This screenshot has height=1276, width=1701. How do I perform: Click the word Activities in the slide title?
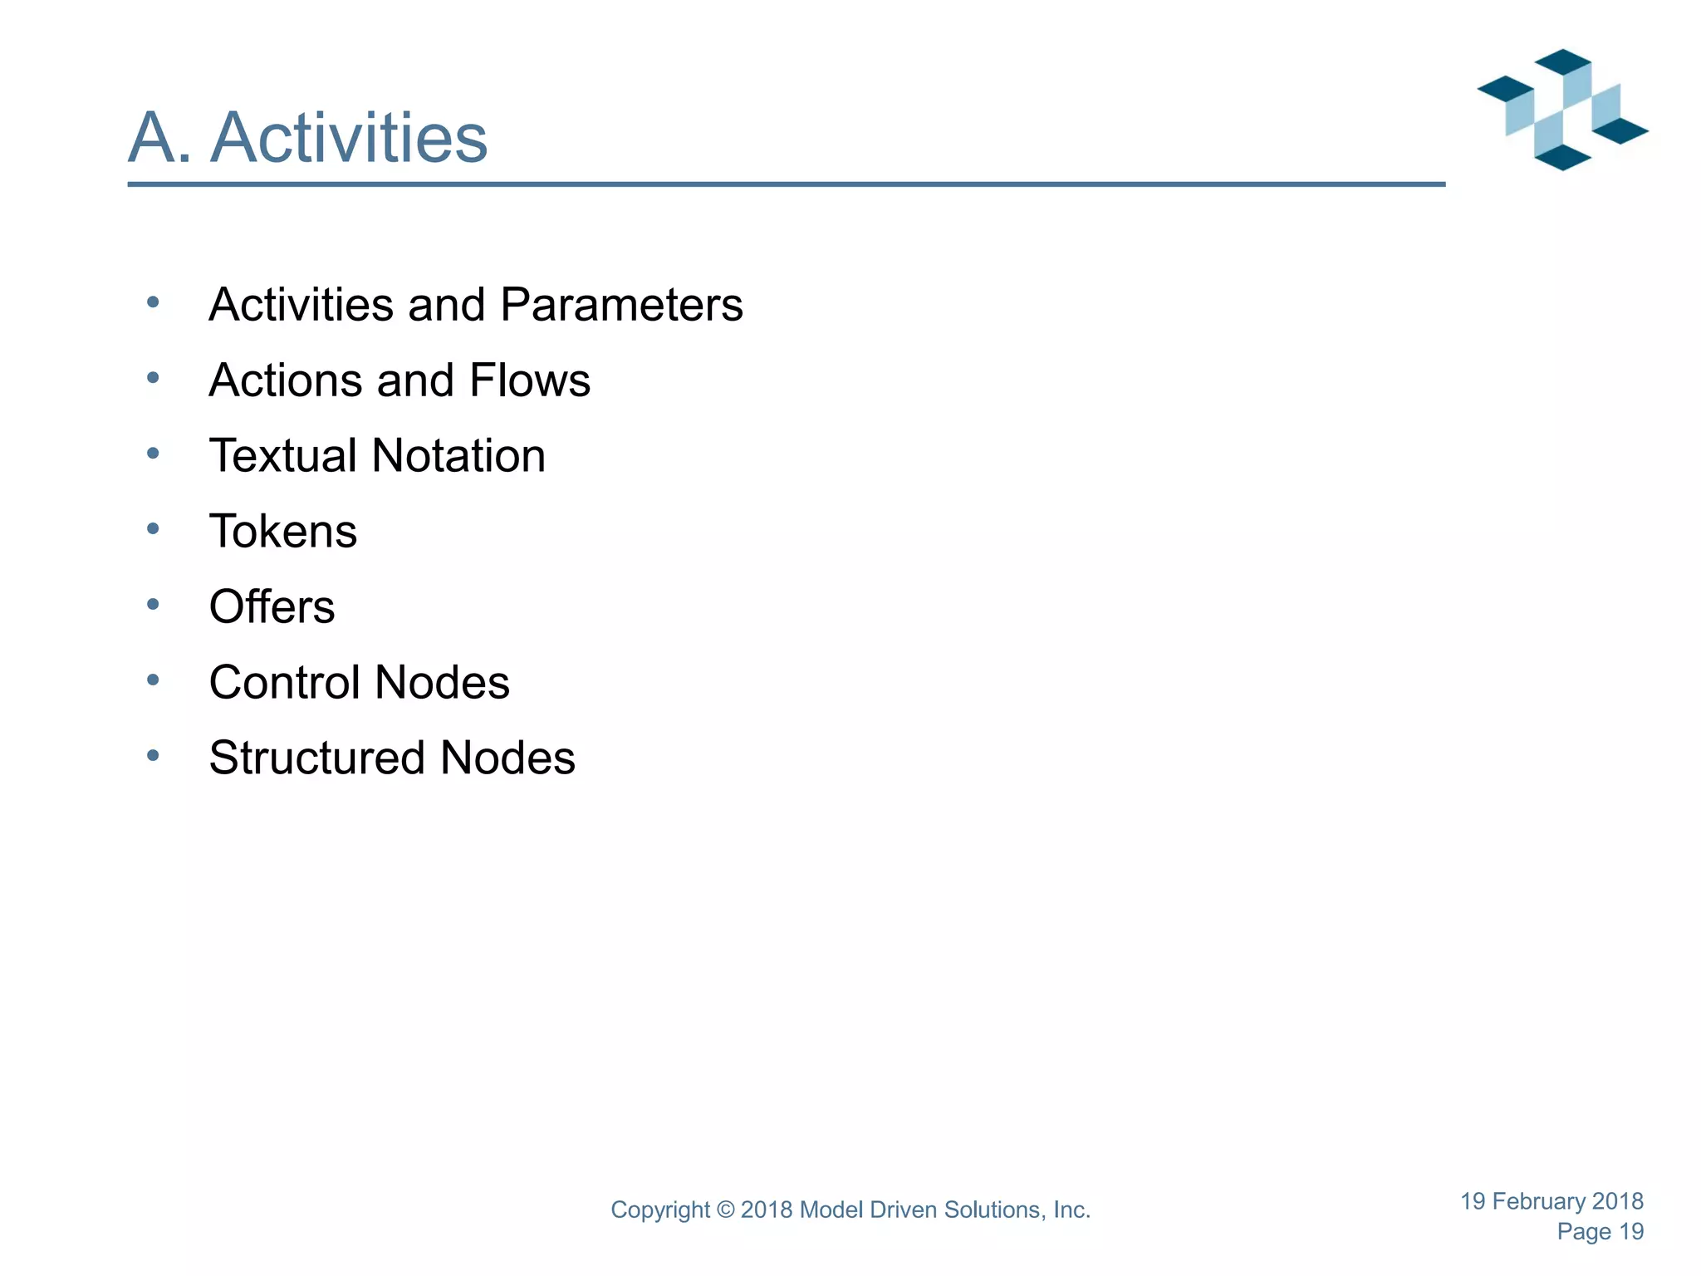click(x=349, y=137)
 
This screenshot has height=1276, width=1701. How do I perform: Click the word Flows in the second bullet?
click(x=529, y=380)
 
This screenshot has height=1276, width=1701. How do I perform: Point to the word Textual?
click(x=283, y=456)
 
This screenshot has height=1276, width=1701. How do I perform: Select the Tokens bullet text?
click(x=283, y=532)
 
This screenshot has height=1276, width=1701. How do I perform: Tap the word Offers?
click(x=272, y=607)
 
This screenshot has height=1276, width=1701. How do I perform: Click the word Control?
click(x=284, y=683)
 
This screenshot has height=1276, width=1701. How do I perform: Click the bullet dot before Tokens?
click(x=153, y=528)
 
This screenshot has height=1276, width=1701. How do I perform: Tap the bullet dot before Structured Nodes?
click(x=153, y=755)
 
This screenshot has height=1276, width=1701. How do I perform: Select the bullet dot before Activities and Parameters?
click(x=153, y=302)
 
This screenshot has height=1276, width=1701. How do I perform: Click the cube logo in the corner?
click(x=1562, y=110)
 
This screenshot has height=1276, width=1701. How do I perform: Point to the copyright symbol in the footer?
click(x=725, y=1210)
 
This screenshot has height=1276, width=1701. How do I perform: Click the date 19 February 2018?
click(x=1551, y=1201)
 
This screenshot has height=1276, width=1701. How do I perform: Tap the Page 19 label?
click(x=1600, y=1232)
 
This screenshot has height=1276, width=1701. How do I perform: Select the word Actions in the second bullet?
click(x=285, y=380)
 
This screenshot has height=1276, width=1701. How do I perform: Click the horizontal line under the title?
click(x=786, y=184)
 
